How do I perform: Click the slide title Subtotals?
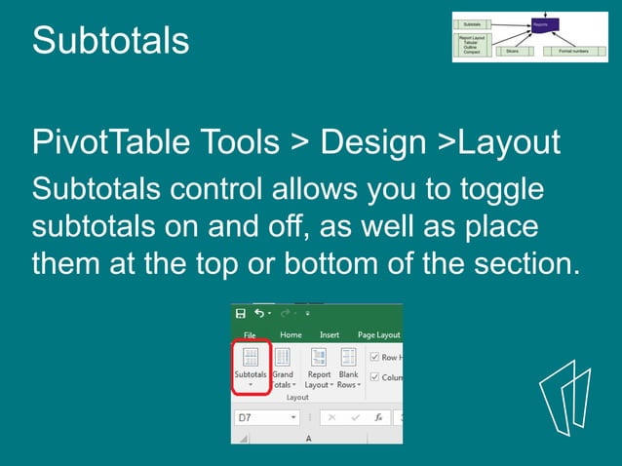tap(110, 41)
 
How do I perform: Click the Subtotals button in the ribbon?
tap(251, 366)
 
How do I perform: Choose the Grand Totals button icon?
tap(283, 358)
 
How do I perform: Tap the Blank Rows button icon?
tap(348, 358)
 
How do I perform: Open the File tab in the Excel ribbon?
tap(250, 334)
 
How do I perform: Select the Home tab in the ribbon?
tap(291, 334)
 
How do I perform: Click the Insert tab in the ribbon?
tap(330, 334)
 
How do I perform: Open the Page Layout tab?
tap(378, 334)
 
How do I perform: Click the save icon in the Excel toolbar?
tap(240, 314)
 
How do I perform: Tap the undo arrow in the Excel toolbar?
tap(259, 314)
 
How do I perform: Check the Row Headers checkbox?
tap(375, 358)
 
